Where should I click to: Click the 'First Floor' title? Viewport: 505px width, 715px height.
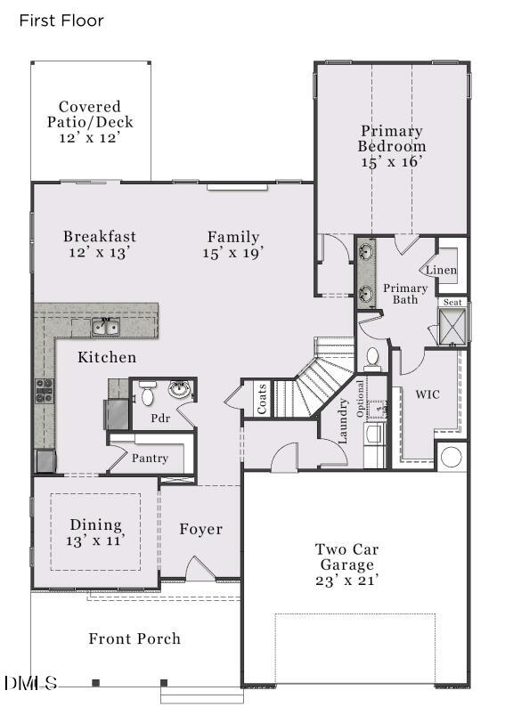[x=61, y=20]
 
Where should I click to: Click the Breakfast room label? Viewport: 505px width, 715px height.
[x=100, y=237]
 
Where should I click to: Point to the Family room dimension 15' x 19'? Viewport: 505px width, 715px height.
[x=233, y=253]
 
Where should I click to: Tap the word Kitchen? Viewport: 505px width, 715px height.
[x=107, y=358]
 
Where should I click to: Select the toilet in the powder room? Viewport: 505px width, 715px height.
[x=147, y=393]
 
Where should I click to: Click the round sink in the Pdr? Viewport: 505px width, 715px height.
[x=180, y=390]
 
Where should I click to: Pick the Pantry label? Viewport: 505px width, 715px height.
[x=150, y=458]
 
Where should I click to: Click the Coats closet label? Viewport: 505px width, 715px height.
[x=262, y=399]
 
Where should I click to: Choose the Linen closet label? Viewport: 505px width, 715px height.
[x=441, y=270]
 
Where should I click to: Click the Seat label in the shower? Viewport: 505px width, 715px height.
[x=453, y=303]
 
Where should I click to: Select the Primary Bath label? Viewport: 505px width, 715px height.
[x=405, y=294]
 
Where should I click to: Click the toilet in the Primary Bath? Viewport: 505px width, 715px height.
[x=372, y=358]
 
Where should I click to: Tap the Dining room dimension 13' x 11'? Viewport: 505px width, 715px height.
[x=94, y=540]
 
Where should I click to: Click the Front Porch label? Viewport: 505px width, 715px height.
[x=134, y=638]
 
